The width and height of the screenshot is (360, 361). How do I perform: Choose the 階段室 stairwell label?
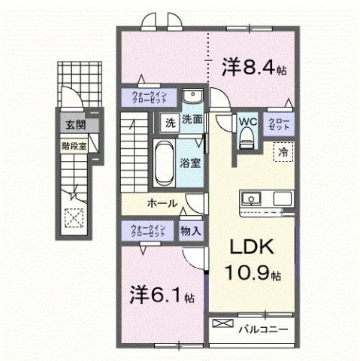74,139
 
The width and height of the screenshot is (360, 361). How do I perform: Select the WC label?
248,120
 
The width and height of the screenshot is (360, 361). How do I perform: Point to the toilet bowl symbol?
247,138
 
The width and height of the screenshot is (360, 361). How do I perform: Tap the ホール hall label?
162,204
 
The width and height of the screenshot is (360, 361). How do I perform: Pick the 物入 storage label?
190,231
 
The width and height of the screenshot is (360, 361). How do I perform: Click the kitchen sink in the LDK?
250,199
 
